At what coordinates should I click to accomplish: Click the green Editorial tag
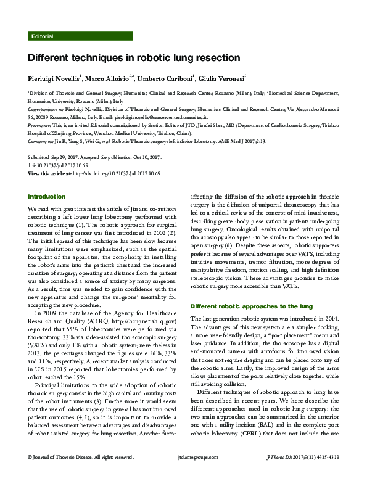point(41,36)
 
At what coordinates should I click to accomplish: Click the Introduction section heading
point(47,197)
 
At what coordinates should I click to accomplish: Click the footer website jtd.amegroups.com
point(183,474)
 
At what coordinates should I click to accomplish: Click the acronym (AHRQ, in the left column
point(96,321)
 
